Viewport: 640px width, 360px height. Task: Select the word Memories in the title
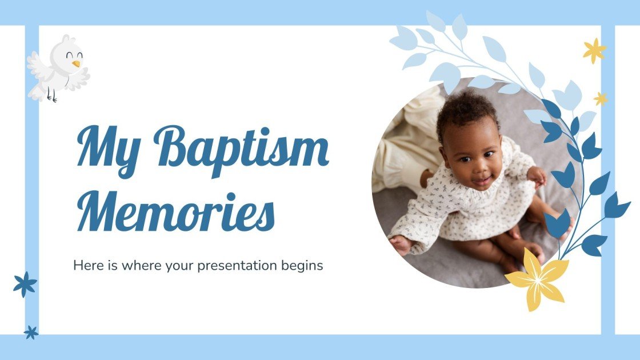pyautogui.click(x=176, y=212)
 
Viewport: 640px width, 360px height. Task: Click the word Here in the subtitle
pyautogui.click(x=85, y=265)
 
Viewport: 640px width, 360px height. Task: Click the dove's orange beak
pyautogui.click(x=75, y=63)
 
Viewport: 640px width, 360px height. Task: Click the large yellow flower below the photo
pyautogui.click(x=536, y=279)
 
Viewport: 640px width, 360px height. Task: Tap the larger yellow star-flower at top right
pyautogui.click(x=594, y=50)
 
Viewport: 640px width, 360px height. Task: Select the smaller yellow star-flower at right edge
pyautogui.click(x=600, y=99)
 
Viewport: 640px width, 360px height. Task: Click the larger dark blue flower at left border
pyautogui.click(x=25, y=284)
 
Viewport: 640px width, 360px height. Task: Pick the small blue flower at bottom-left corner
pyautogui.click(x=31, y=332)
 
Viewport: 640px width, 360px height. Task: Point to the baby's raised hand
pyautogui.click(x=538, y=175)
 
